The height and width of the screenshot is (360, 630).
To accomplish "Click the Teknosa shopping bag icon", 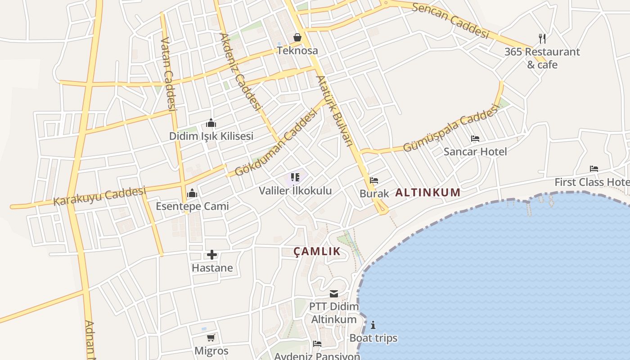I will pos(297,37).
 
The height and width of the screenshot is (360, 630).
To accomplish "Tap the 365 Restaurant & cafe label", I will pos(542,58).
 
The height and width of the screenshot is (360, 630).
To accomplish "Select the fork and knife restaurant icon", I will pos(542,39).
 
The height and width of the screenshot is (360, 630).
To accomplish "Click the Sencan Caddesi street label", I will pos(450,21).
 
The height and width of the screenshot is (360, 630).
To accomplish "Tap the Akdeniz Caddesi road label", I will pos(240,72).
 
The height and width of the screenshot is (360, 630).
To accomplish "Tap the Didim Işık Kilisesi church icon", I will pos(211,123).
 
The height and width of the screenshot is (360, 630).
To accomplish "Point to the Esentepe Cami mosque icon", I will pos(192,193).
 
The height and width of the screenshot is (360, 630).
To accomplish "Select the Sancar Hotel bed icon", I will pos(475,139).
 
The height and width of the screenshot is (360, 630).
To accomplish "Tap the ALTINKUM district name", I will pos(427,193).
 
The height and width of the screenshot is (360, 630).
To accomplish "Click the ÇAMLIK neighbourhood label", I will pos(317,251).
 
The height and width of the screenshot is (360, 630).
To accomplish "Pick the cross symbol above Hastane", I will pos(212,255).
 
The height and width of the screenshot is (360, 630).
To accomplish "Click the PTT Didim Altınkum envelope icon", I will pos(334,294).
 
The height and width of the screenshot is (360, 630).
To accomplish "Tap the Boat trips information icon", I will pos(373,325).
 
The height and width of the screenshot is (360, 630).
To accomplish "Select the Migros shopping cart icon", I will pos(211,337).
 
